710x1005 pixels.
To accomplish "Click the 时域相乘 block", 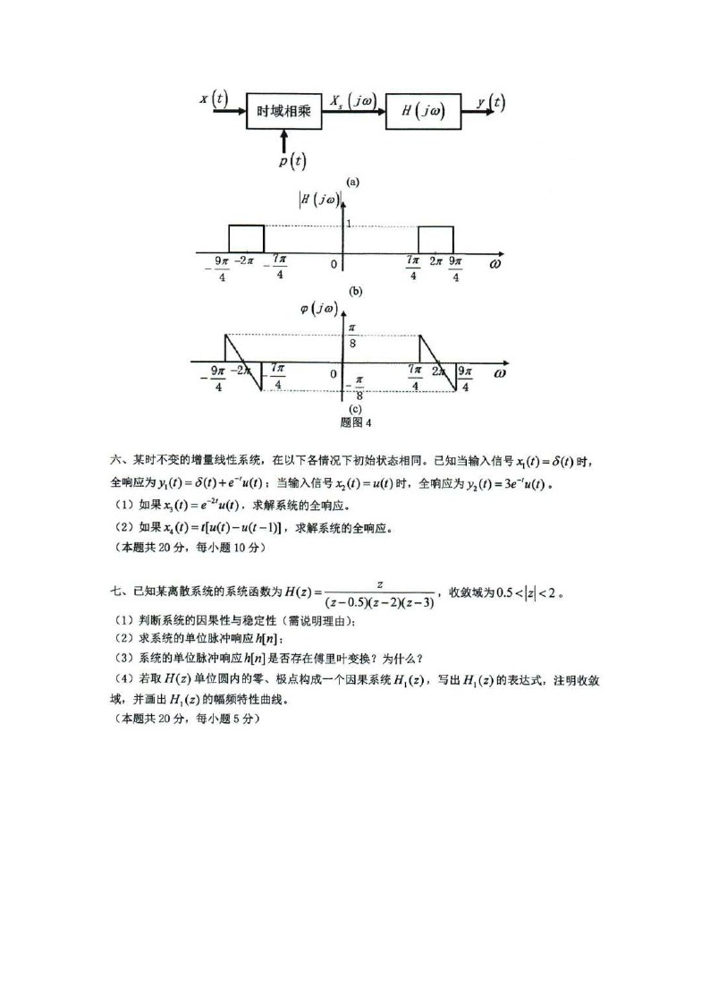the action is [x=284, y=111].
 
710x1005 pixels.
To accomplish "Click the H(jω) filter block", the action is [x=423, y=111].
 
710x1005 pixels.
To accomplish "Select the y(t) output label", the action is [x=491, y=102].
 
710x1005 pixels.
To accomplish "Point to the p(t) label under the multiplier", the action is [x=292, y=161].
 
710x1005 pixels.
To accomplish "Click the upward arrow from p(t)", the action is [x=284, y=141].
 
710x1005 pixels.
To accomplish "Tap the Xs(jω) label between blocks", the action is [x=353, y=100].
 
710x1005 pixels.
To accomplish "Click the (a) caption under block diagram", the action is [x=352, y=182].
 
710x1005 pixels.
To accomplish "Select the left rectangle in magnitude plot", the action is [x=247, y=238].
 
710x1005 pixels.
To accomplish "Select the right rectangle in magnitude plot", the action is [x=436, y=239].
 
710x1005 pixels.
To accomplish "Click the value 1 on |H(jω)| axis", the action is [x=350, y=223].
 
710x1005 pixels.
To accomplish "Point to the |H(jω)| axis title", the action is [x=319, y=200].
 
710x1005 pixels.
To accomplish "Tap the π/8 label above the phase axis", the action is [x=352, y=336].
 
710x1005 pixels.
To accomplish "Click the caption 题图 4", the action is [x=356, y=423].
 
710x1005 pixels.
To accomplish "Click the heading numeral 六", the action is [x=116, y=460].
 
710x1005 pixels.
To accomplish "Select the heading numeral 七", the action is [x=116, y=591].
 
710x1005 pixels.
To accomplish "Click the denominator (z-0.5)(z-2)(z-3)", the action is [x=380, y=603].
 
